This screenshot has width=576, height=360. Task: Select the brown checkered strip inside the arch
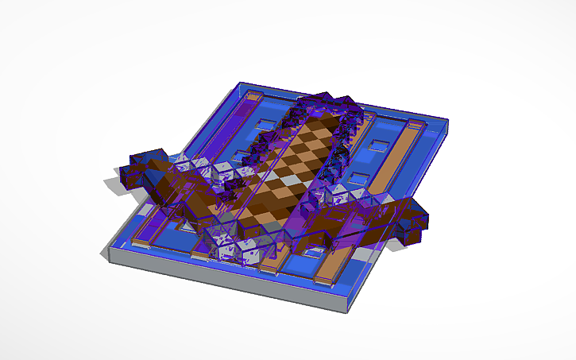click(x=290, y=171)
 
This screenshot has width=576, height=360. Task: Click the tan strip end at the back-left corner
click(x=252, y=97)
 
